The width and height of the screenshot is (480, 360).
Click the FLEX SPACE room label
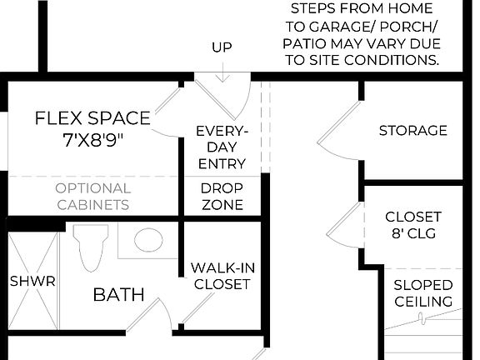(x=92, y=117)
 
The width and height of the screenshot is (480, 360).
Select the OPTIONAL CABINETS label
(x=92, y=196)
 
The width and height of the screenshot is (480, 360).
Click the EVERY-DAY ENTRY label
(x=222, y=147)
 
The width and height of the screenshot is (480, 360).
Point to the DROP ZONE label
(x=222, y=196)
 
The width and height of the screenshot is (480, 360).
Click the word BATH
(x=118, y=294)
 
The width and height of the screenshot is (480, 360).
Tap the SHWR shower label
(x=32, y=281)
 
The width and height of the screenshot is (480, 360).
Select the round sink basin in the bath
(x=147, y=241)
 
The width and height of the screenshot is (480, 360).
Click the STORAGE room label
(x=412, y=131)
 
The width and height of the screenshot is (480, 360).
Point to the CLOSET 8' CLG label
(x=412, y=225)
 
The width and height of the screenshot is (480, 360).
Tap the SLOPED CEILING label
(x=422, y=292)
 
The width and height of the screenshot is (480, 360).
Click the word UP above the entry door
(x=222, y=47)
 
